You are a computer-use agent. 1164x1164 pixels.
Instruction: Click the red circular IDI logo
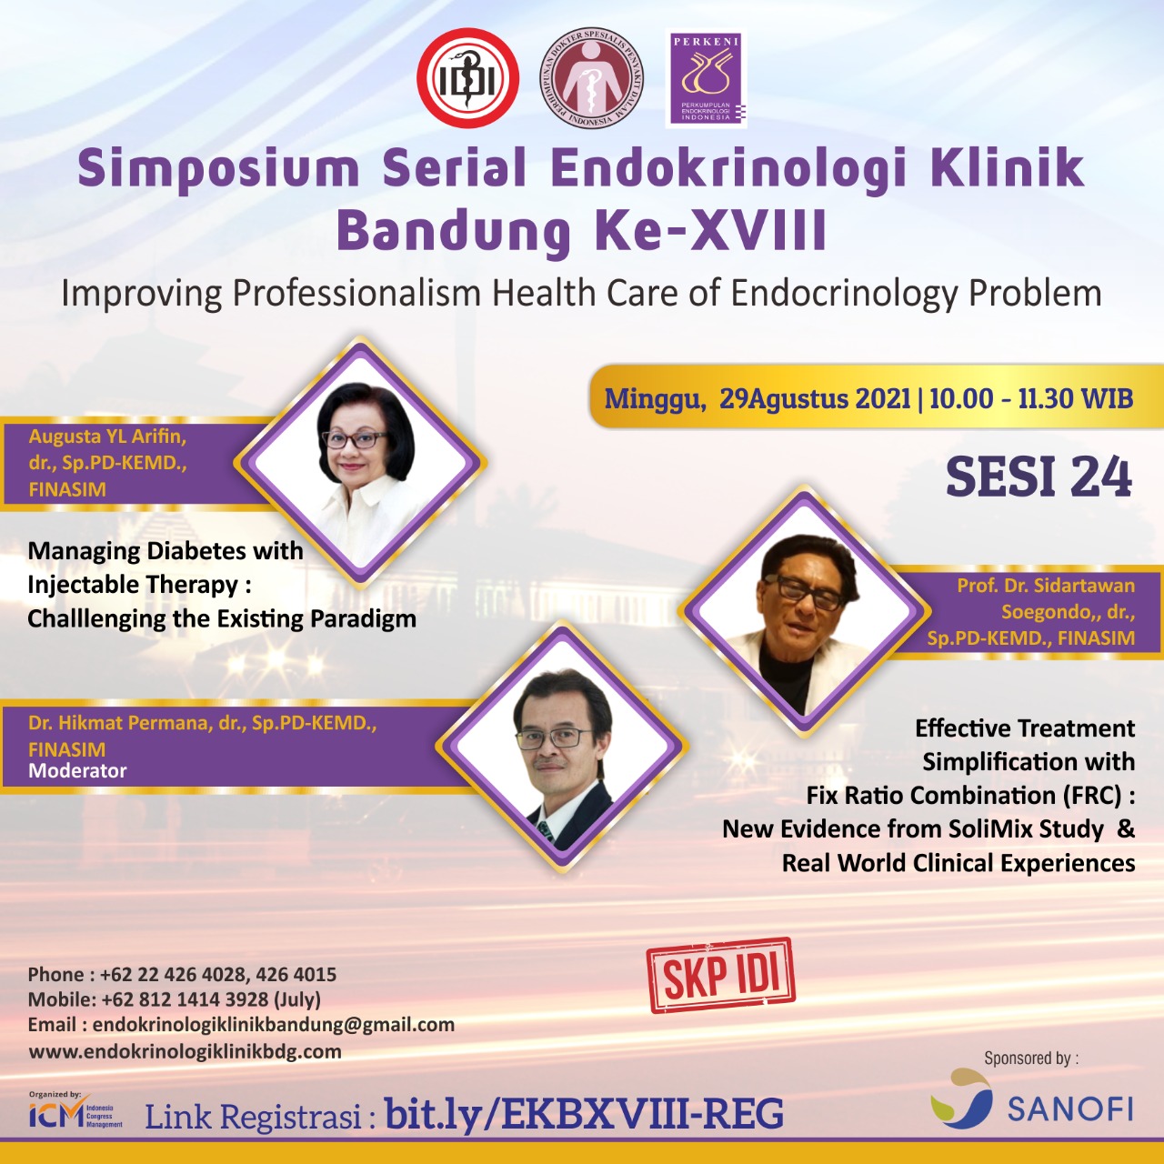click(467, 78)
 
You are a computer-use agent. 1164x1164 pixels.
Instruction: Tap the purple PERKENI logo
click(707, 78)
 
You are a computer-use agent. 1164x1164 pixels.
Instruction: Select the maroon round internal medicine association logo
click(591, 78)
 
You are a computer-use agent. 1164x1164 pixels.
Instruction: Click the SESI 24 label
click(1039, 477)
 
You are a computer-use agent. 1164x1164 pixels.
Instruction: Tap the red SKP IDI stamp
click(720, 975)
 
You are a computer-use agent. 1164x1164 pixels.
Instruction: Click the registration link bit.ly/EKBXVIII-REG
click(584, 1113)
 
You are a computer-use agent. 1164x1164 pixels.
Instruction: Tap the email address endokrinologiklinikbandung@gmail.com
click(274, 1025)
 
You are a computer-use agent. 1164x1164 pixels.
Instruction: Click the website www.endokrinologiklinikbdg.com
click(185, 1051)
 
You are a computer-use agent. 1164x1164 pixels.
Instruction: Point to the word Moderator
click(77, 771)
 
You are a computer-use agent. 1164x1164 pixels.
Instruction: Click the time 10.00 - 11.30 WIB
click(1031, 398)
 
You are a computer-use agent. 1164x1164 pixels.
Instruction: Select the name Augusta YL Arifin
click(107, 436)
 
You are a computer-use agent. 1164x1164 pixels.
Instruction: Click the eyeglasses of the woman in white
click(355, 439)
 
